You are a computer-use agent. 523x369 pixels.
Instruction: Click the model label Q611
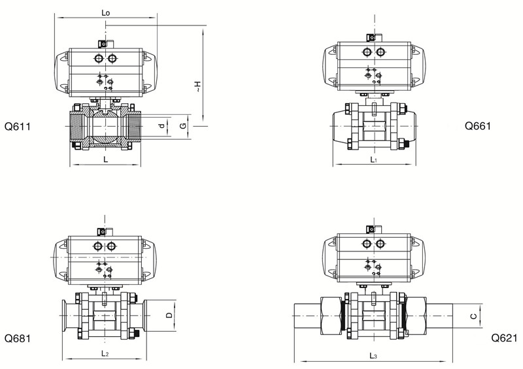(x=18, y=127)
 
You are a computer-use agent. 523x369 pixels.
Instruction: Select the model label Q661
(x=478, y=126)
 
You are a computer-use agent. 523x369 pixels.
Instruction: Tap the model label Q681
(x=18, y=339)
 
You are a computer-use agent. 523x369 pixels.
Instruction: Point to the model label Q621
(x=504, y=338)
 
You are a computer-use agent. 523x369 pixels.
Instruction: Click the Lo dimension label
(x=105, y=13)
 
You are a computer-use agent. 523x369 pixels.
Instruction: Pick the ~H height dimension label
(x=198, y=86)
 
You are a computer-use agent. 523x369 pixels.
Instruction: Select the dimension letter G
(x=183, y=126)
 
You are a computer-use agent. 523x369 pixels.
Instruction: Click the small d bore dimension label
(x=161, y=126)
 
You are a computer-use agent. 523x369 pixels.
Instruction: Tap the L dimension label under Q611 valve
(x=106, y=159)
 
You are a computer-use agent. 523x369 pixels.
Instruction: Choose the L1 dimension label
(x=374, y=159)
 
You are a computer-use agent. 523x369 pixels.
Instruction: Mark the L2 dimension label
(x=105, y=353)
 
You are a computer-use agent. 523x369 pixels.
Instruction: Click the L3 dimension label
(x=373, y=355)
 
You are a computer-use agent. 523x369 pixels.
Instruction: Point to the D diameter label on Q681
(x=169, y=315)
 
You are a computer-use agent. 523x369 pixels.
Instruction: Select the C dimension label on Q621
(x=473, y=315)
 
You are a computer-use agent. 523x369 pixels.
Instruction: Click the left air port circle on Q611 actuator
(x=99, y=59)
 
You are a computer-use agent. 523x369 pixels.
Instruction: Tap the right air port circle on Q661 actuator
(x=380, y=52)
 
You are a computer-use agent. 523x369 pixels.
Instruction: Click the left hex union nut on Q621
(x=331, y=316)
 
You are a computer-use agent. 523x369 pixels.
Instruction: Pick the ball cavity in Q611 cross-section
(x=105, y=127)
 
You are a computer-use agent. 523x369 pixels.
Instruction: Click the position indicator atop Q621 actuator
(x=371, y=229)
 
